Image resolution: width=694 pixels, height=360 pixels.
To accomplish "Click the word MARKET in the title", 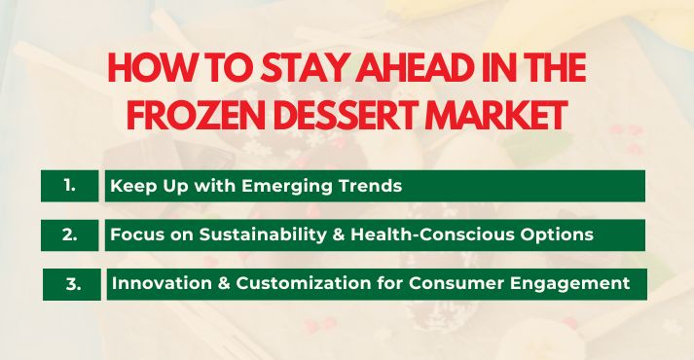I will [502, 116].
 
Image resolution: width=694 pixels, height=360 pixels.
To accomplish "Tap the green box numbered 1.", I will [70, 185].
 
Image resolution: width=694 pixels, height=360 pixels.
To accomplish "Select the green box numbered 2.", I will [70, 234].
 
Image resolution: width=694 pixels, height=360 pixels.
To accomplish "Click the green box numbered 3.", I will [72, 284].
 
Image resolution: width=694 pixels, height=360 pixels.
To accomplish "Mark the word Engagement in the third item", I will [577, 284].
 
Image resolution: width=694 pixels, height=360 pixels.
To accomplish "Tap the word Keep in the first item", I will [129, 186].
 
